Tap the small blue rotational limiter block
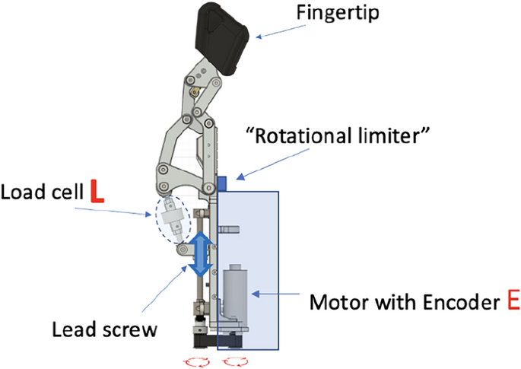tap(223, 183)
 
